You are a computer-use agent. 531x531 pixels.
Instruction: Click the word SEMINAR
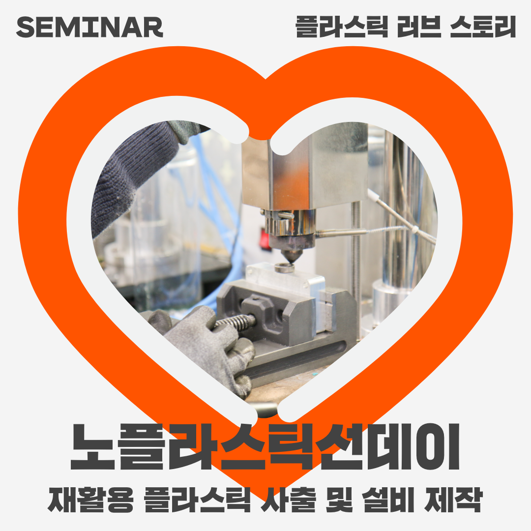(90, 27)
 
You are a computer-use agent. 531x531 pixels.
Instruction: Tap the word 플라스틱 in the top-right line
(342, 27)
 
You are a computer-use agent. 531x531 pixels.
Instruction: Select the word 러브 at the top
(419, 27)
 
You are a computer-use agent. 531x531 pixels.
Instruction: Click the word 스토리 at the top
(483, 27)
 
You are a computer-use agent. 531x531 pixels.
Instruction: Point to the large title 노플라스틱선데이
(265, 446)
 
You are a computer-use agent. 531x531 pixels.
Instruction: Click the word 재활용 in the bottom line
(91, 500)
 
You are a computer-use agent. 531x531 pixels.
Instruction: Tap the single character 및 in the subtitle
(339, 500)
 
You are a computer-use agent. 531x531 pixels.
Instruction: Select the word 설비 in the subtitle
(388, 500)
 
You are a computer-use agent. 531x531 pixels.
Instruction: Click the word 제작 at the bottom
(453, 500)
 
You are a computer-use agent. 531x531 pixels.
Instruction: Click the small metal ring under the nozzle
(284, 268)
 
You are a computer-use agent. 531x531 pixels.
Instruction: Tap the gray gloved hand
(206, 349)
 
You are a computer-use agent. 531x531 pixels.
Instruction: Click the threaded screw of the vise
(235, 321)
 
